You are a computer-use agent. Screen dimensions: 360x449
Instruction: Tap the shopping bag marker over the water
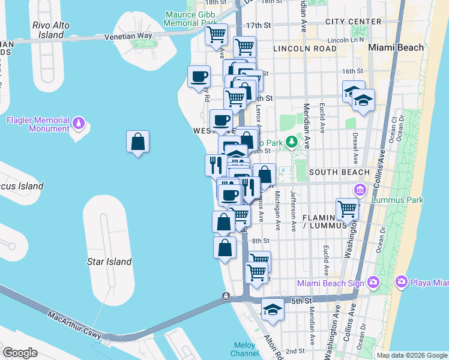[137, 142]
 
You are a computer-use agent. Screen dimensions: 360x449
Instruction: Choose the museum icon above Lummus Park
[360, 191]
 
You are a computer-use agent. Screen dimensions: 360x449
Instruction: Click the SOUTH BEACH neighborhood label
[339, 172]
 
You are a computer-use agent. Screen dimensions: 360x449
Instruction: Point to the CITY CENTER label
[353, 22]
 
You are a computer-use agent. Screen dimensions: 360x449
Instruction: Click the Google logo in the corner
[20, 353]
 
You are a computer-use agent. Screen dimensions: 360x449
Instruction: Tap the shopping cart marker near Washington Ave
[347, 209]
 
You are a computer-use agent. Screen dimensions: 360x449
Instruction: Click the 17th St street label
[259, 26]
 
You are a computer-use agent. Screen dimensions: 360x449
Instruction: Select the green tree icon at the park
[292, 142]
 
